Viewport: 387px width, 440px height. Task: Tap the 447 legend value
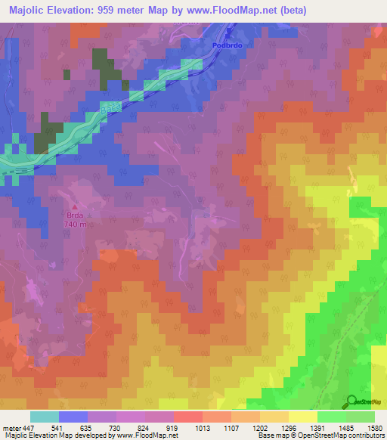[x=29, y=428]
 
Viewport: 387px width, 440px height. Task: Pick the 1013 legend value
[x=200, y=428]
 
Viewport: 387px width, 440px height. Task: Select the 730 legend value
[x=115, y=428]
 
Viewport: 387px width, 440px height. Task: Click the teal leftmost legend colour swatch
[x=45, y=417]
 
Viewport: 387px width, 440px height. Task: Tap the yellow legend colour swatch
[x=302, y=417]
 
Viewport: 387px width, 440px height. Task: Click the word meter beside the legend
[x=10, y=428]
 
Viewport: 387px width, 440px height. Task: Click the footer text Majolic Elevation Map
[x=38, y=436]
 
